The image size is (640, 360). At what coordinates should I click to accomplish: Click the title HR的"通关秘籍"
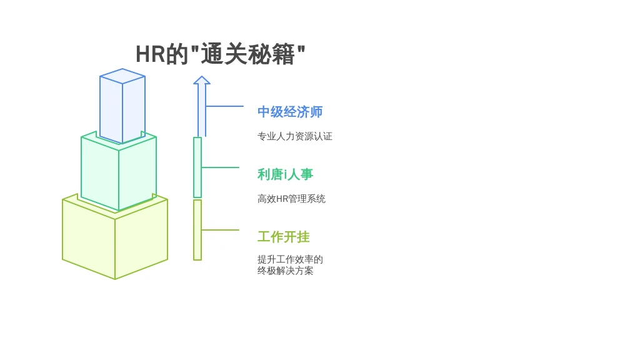(x=221, y=54)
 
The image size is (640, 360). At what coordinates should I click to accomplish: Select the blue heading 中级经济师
(x=290, y=112)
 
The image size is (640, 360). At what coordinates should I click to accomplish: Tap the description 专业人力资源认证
(x=295, y=136)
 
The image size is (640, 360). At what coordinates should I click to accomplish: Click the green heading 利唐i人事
(x=285, y=174)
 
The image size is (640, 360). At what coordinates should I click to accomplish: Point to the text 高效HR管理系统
(x=291, y=199)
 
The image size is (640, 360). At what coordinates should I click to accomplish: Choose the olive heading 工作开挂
(x=283, y=237)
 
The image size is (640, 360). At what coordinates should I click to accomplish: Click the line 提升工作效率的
(x=290, y=259)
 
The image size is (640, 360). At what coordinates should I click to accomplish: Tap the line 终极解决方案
(x=285, y=271)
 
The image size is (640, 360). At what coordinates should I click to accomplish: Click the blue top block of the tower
(x=122, y=106)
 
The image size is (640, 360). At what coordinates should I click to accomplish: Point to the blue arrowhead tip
(x=202, y=76)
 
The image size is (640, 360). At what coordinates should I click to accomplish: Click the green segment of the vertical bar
(x=197, y=167)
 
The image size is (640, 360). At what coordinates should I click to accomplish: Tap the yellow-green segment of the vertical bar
(x=197, y=230)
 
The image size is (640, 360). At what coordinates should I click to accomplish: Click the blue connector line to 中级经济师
(x=224, y=106)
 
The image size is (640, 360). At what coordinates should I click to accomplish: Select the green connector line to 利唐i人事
(x=221, y=167)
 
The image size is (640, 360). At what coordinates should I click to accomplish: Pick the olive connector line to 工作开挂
(x=221, y=230)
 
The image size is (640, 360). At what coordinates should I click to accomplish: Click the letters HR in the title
(x=150, y=54)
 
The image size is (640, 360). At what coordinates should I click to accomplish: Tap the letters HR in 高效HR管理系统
(x=282, y=199)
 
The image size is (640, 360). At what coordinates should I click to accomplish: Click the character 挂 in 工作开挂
(x=303, y=237)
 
